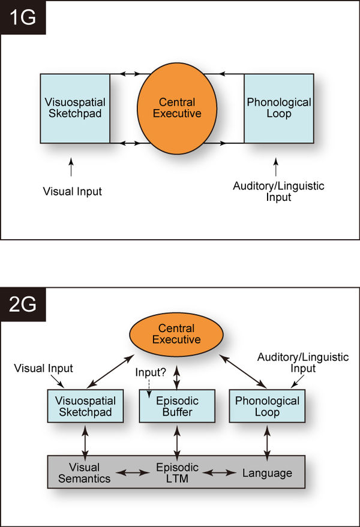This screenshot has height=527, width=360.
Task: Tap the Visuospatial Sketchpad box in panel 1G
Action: (74, 108)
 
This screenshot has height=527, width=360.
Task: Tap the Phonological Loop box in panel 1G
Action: (278, 108)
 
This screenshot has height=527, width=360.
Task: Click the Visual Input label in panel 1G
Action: (72, 192)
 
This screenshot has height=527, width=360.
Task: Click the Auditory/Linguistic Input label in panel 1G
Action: (278, 191)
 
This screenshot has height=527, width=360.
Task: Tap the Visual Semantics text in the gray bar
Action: (84, 473)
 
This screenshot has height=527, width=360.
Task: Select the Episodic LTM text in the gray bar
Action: (177, 473)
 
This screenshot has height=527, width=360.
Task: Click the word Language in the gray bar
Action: (267, 473)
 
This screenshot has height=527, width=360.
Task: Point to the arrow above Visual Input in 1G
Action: (71, 167)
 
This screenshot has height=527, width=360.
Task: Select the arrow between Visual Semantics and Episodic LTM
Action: (131, 473)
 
